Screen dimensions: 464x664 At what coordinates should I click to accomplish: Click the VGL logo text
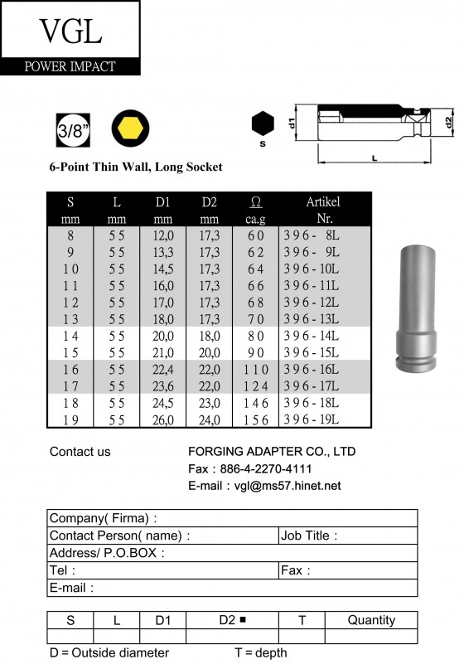click(70, 31)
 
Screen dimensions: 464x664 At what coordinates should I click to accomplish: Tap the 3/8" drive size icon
click(73, 130)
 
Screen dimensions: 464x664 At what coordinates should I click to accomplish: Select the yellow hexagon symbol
click(130, 128)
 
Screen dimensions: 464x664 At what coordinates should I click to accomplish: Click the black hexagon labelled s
click(263, 124)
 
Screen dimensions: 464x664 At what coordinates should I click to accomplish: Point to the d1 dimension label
click(292, 124)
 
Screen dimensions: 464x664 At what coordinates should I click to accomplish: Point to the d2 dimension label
click(449, 122)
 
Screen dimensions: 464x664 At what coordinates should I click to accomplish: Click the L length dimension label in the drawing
click(375, 158)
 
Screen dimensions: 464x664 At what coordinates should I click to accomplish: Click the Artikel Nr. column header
click(323, 210)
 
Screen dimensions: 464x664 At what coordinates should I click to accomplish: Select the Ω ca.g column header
click(255, 210)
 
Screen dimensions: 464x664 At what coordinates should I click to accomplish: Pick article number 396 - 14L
click(312, 336)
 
